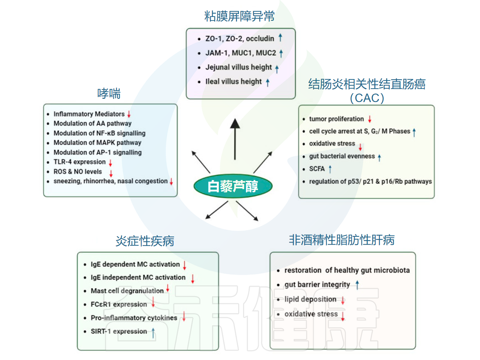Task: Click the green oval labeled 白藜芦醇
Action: tap(233, 186)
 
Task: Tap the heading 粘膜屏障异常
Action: tap(240, 16)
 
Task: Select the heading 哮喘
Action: tap(109, 94)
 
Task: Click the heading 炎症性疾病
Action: tap(145, 241)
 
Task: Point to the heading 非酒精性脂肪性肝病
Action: tap(342, 240)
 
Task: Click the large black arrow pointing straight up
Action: tap(235, 139)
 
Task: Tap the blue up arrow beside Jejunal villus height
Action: tap(277, 68)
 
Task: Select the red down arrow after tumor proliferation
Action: tap(370, 119)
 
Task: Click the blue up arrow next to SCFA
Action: tap(330, 169)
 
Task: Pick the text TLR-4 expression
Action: tap(79, 162)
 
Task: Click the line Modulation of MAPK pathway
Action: tap(97, 143)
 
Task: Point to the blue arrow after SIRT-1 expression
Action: tap(153, 332)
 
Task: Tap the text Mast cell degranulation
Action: tap(127, 291)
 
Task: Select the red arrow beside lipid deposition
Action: tap(343, 300)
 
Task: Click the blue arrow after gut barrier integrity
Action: tap(357, 284)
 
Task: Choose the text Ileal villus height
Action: tap(234, 82)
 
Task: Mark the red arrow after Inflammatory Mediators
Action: tap(129, 114)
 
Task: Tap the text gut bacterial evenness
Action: tap(342, 156)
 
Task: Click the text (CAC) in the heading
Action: tap(367, 98)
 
